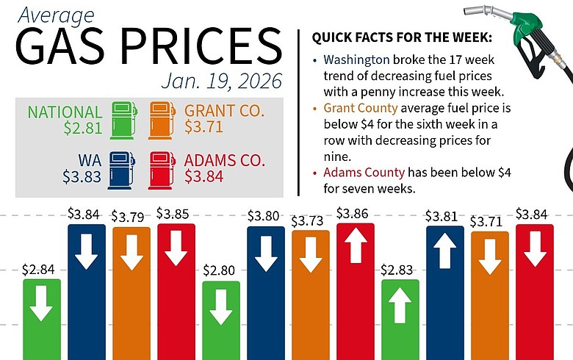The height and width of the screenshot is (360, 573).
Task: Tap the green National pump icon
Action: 123,119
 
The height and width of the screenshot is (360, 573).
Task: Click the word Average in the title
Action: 48,15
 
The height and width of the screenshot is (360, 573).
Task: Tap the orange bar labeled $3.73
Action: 310,294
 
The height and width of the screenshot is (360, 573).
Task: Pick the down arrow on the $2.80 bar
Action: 220,309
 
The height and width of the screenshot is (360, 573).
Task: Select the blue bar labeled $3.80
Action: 265,294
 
